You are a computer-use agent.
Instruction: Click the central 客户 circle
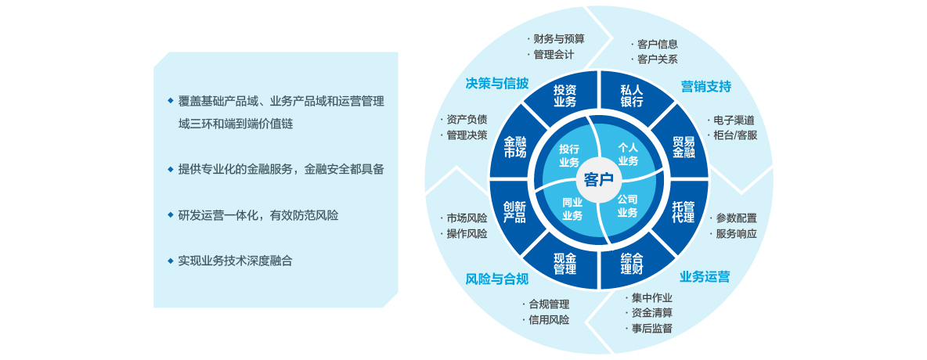(599, 180)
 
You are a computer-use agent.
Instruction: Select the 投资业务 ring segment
(564, 95)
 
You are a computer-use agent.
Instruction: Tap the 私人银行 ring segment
(632, 95)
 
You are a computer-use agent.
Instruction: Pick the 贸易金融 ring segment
(683, 146)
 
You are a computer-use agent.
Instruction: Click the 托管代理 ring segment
(683, 212)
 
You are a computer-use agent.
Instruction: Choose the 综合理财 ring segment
(632, 263)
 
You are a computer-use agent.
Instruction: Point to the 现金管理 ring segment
(564, 263)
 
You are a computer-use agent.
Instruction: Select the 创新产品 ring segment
(514, 212)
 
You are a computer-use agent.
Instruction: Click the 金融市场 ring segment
(514, 146)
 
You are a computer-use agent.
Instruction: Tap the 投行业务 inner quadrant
(569, 155)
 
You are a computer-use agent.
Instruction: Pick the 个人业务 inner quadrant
(628, 154)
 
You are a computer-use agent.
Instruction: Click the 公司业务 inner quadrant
(627, 206)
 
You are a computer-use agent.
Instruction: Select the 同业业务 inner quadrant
(572, 209)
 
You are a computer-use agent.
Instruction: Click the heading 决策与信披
(497, 83)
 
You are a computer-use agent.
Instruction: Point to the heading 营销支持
(705, 86)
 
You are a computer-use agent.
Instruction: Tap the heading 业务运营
(705, 276)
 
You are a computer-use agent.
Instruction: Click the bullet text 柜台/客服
(735, 135)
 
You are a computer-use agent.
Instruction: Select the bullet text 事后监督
(651, 328)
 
